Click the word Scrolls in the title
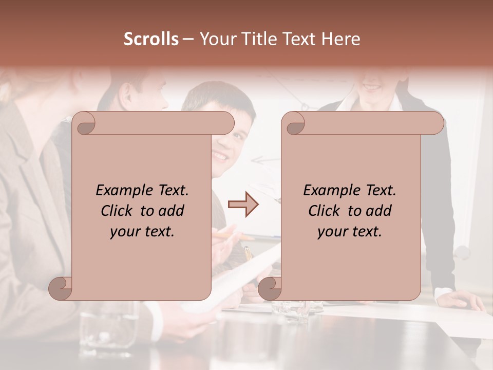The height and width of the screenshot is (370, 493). click(151, 39)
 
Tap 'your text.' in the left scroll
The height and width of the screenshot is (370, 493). click(142, 231)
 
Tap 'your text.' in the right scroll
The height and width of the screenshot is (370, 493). click(350, 231)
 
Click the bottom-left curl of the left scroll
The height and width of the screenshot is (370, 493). click(60, 288)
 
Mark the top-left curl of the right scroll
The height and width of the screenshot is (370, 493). click(294, 123)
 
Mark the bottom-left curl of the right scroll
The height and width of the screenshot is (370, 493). click(270, 288)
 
